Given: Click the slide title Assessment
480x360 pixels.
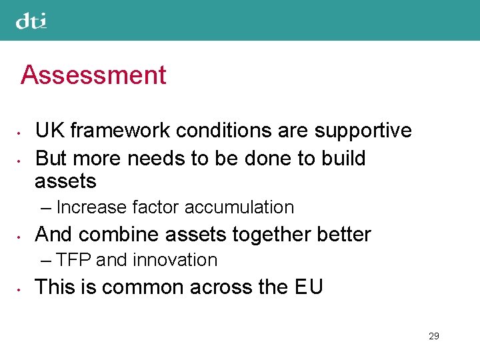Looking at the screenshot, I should coord(93,75).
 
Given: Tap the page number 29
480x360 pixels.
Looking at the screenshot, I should coord(433,336).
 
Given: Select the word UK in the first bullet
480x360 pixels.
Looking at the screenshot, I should coord(49,131).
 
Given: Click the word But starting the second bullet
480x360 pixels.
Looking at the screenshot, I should coord(51,159).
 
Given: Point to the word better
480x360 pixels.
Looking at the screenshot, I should coord(345,235).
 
